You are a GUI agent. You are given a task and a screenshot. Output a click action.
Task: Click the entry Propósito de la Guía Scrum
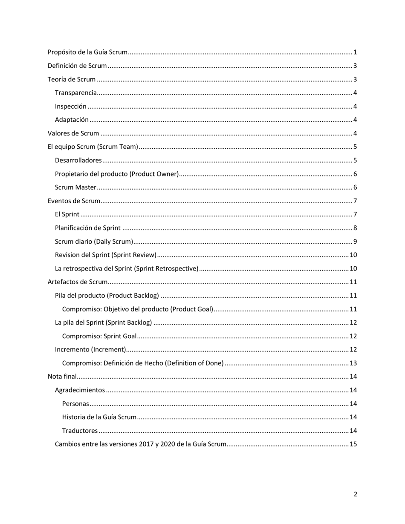[x=87, y=52]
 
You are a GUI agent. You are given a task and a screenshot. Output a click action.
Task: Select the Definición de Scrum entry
[x=77, y=66]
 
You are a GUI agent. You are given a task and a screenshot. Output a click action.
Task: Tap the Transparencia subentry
[x=76, y=93]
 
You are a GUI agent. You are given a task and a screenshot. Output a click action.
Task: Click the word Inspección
[x=71, y=107]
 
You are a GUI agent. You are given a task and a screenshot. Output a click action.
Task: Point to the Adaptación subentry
[x=72, y=120]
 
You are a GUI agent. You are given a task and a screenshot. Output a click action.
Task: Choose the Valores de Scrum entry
[x=73, y=133]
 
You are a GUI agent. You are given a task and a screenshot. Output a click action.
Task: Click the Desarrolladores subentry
[x=78, y=161]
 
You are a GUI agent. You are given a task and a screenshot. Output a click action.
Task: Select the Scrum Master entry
[x=75, y=187]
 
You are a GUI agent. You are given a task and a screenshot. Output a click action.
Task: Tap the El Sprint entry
[x=67, y=214]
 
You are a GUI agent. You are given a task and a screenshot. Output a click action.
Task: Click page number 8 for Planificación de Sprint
[x=355, y=228]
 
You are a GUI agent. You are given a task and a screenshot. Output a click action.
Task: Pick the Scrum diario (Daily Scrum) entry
[x=94, y=242]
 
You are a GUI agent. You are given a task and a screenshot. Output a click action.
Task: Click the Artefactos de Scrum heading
[x=77, y=282]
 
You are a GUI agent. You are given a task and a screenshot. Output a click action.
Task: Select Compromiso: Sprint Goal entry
[x=99, y=336]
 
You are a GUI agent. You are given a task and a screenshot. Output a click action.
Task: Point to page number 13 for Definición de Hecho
[x=353, y=363]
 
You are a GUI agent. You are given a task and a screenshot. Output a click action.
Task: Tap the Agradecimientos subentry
[x=80, y=390]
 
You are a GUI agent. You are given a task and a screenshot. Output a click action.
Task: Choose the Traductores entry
[x=80, y=431]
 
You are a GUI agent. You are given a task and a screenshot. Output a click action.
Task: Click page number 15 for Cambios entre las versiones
[x=353, y=444]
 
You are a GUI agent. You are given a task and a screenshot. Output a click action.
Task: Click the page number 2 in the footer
[x=355, y=494]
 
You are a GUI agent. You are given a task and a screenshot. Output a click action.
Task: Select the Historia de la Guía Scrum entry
[x=99, y=417]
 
